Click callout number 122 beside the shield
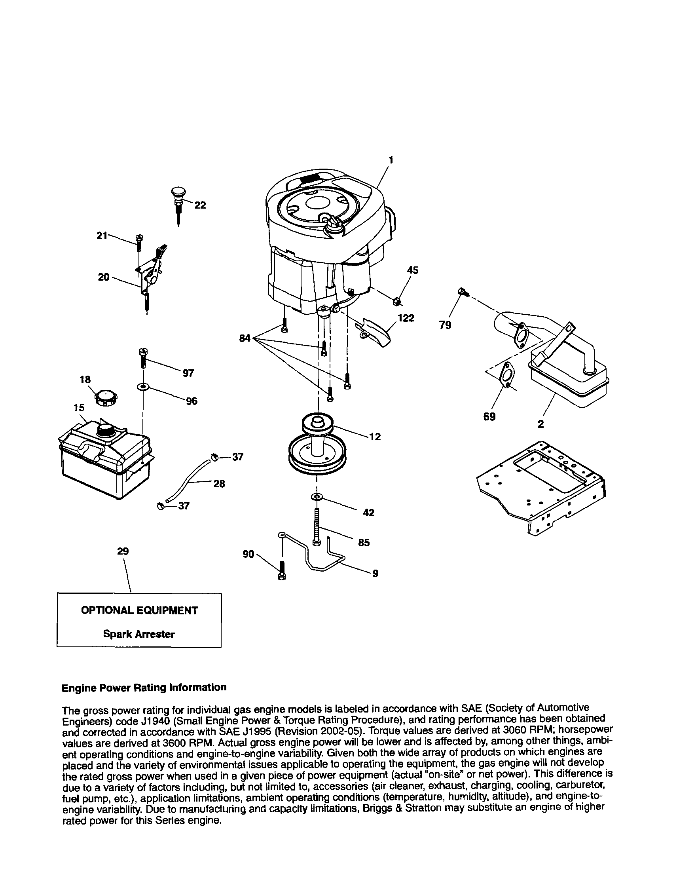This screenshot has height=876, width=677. click(406, 318)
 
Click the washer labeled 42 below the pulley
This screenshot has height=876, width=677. click(317, 497)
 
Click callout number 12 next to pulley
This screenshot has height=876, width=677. click(375, 436)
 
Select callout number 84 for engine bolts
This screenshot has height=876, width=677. click(245, 338)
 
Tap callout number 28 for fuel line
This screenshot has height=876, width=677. click(219, 484)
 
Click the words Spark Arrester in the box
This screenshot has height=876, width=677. click(139, 634)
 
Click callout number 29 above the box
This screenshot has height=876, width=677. click(123, 551)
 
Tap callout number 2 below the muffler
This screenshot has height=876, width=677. click(540, 424)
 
